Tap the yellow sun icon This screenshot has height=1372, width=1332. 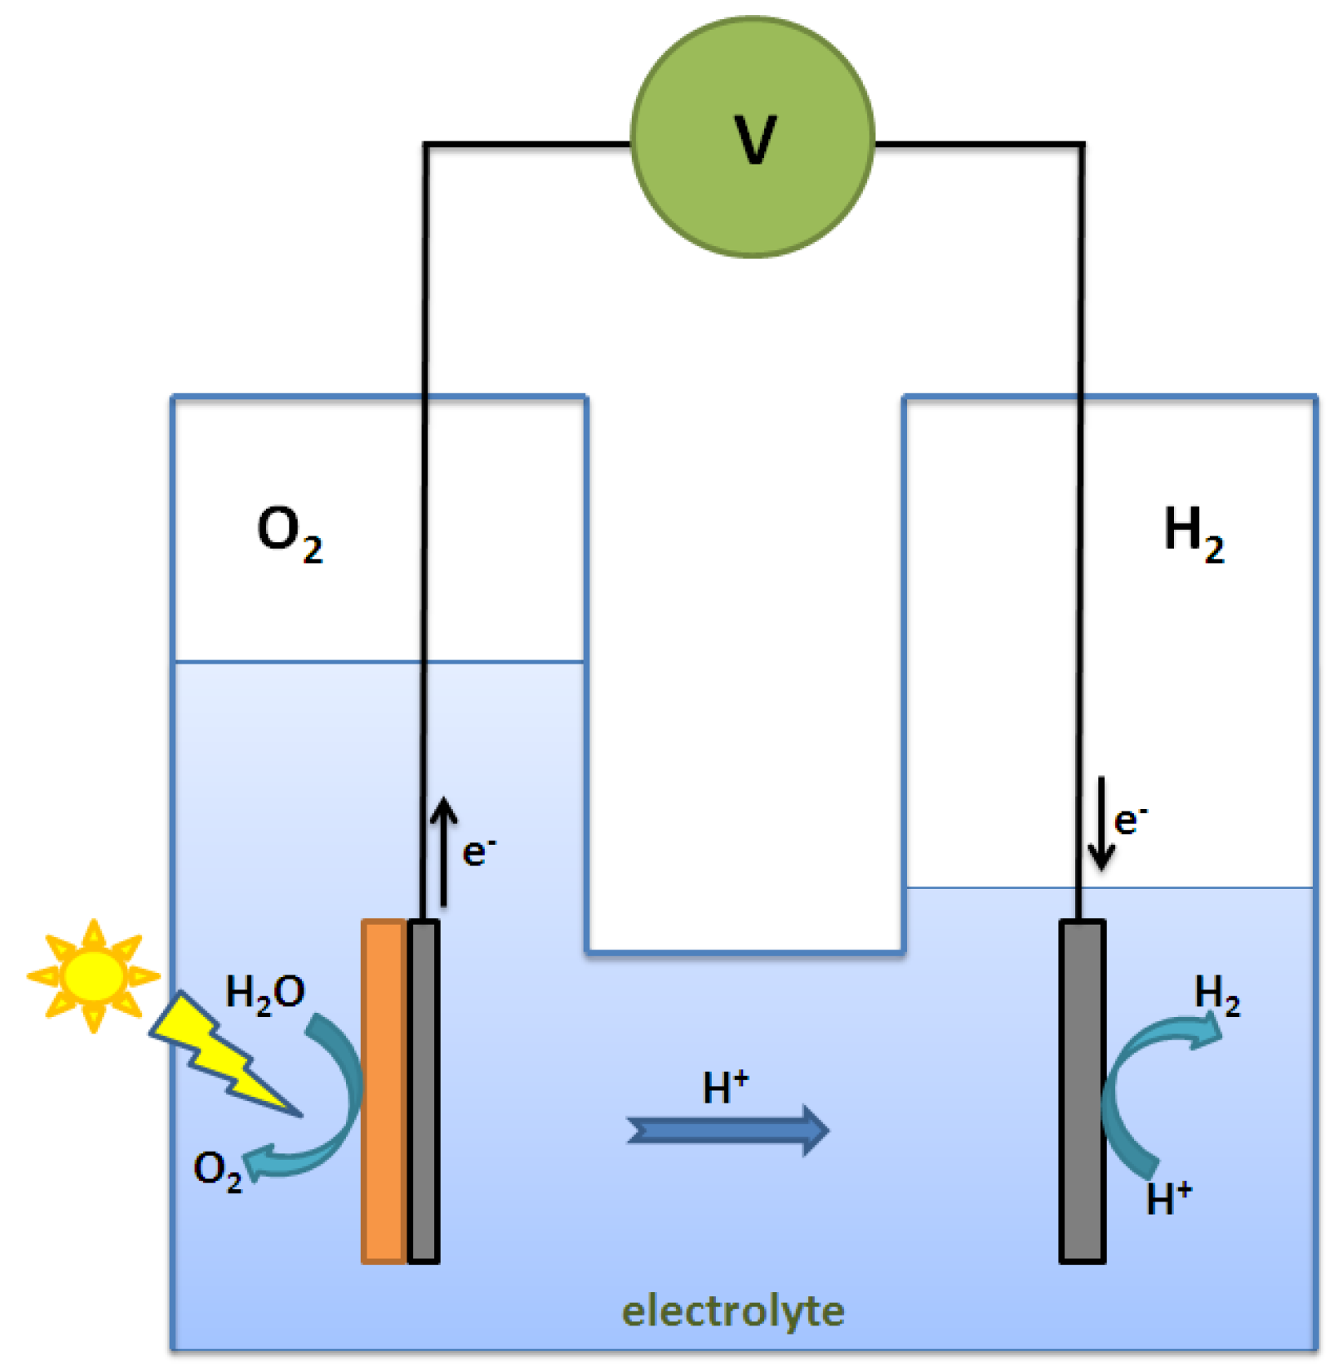click(x=93, y=975)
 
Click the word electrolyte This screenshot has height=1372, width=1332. click(x=733, y=1311)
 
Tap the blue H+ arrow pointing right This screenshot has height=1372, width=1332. click(x=728, y=1130)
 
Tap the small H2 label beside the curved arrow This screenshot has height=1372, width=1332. click(x=1216, y=994)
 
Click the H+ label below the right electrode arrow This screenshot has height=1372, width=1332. click(x=1168, y=1198)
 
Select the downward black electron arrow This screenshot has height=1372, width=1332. click(x=1102, y=823)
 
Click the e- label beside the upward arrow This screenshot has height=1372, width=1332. click(x=478, y=851)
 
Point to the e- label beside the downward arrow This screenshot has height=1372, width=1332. click(x=1130, y=820)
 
